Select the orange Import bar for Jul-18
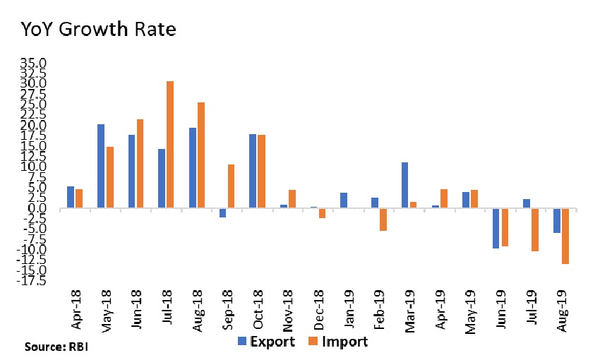(170, 145)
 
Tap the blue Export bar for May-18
(101, 167)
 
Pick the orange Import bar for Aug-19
(565, 236)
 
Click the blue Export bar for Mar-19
(404, 186)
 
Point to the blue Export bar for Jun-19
(496, 228)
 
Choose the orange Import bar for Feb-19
(383, 220)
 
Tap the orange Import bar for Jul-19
(534, 230)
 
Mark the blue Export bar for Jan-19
(344, 200)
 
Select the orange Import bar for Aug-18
(201, 155)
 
